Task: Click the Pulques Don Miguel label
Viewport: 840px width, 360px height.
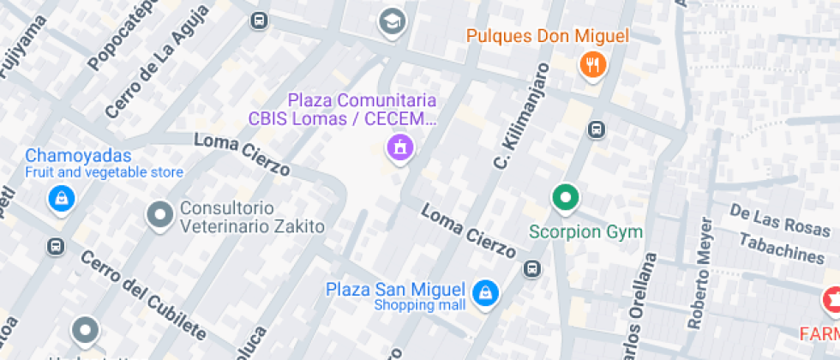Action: click(x=548, y=36)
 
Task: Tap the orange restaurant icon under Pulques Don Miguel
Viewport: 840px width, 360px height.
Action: click(x=593, y=63)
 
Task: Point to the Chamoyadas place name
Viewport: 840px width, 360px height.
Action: click(x=78, y=156)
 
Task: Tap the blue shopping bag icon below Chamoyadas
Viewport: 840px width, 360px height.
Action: click(x=62, y=199)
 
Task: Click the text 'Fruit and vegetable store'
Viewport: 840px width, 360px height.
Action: click(x=104, y=172)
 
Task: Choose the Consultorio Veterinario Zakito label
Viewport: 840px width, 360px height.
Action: click(x=239, y=218)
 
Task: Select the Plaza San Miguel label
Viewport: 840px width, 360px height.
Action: click(x=395, y=290)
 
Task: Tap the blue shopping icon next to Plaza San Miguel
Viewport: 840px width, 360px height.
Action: click(x=486, y=291)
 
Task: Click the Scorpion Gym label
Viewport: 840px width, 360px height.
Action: click(x=585, y=231)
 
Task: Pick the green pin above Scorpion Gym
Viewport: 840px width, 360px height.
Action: click(x=565, y=198)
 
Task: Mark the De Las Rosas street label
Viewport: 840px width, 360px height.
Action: click(x=779, y=221)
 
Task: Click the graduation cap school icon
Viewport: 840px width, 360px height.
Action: click(x=392, y=21)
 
